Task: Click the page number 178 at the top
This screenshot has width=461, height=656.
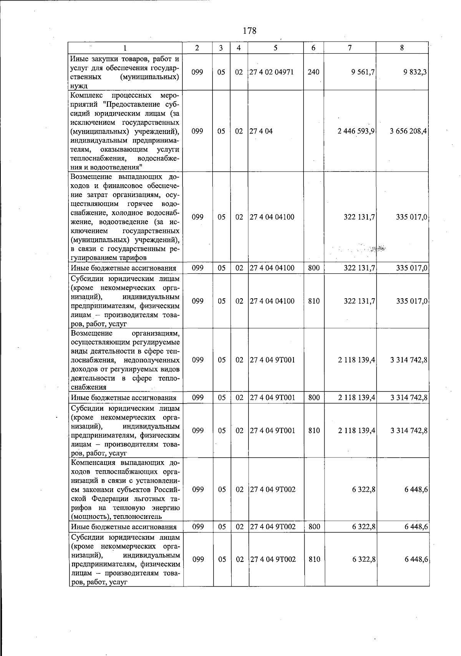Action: click(x=249, y=31)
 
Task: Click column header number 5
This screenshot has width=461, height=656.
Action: click(x=275, y=48)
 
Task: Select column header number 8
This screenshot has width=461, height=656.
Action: click(x=402, y=48)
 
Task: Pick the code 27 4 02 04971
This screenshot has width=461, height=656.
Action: click(x=272, y=72)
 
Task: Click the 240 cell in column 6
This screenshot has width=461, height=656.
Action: click(x=313, y=72)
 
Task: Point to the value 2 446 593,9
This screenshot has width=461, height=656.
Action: click(x=356, y=131)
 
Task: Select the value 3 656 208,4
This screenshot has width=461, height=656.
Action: click(x=408, y=131)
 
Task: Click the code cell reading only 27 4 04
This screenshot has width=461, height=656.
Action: click(x=261, y=131)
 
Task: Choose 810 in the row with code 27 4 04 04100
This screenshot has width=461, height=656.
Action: click(x=314, y=301)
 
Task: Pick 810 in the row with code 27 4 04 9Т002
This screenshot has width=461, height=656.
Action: click(x=314, y=560)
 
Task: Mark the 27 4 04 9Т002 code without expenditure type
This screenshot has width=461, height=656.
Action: click(x=273, y=490)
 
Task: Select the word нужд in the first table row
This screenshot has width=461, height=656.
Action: click(x=79, y=86)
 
